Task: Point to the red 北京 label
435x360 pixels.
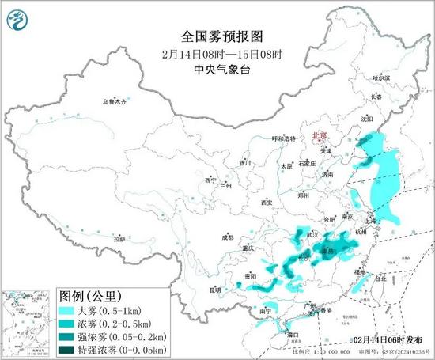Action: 322,136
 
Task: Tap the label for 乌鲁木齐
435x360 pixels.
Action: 114,102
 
